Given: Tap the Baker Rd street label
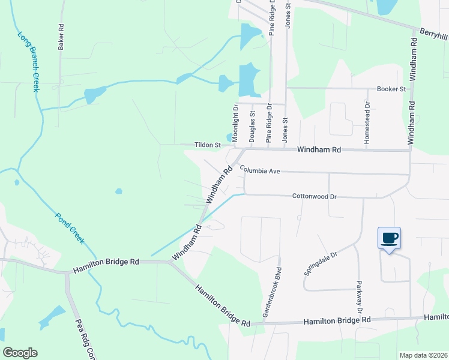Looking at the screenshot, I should [61, 37].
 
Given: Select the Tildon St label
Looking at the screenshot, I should [208, 145].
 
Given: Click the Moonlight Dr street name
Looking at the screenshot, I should [236, 124].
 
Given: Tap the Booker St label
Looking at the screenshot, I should [391, 89].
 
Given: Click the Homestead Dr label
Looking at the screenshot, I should [367, 122].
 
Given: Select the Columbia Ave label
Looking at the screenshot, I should [260, 171].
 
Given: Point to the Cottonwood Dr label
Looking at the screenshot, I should [316, 196].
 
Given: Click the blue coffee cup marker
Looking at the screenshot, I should [389, 238].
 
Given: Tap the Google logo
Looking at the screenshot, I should [20, 353].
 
